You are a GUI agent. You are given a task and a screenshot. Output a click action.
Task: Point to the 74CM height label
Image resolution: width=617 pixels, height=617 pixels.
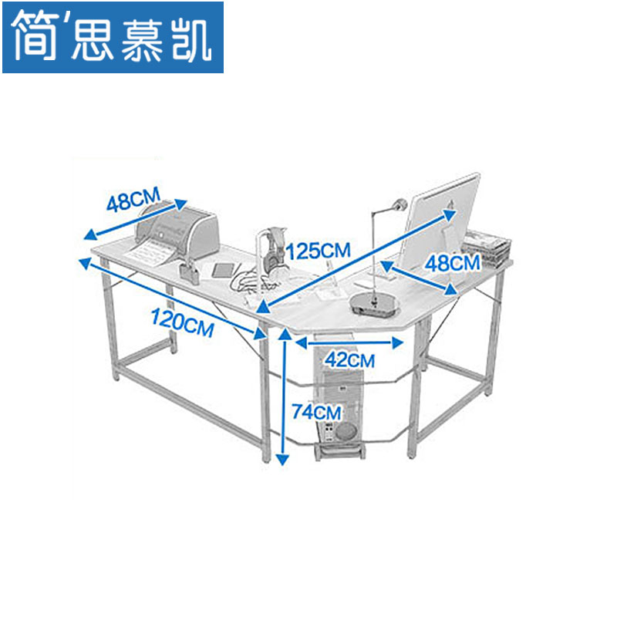pos(316,411)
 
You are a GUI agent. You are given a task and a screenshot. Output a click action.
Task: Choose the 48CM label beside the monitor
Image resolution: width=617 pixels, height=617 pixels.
pos(453,262)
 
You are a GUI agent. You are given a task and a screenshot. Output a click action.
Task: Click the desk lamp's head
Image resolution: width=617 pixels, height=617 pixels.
pos(399,205)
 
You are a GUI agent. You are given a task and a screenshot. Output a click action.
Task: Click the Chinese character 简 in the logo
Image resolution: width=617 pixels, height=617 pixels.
pos(35,35)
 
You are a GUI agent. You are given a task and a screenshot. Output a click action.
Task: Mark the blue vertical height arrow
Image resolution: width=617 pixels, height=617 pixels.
pos(283,397)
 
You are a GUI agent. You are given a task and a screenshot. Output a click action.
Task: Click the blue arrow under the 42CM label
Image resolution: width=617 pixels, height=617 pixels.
pos(351,342)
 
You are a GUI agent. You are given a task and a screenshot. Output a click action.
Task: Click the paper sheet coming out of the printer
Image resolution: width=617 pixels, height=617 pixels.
pos(153,251)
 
